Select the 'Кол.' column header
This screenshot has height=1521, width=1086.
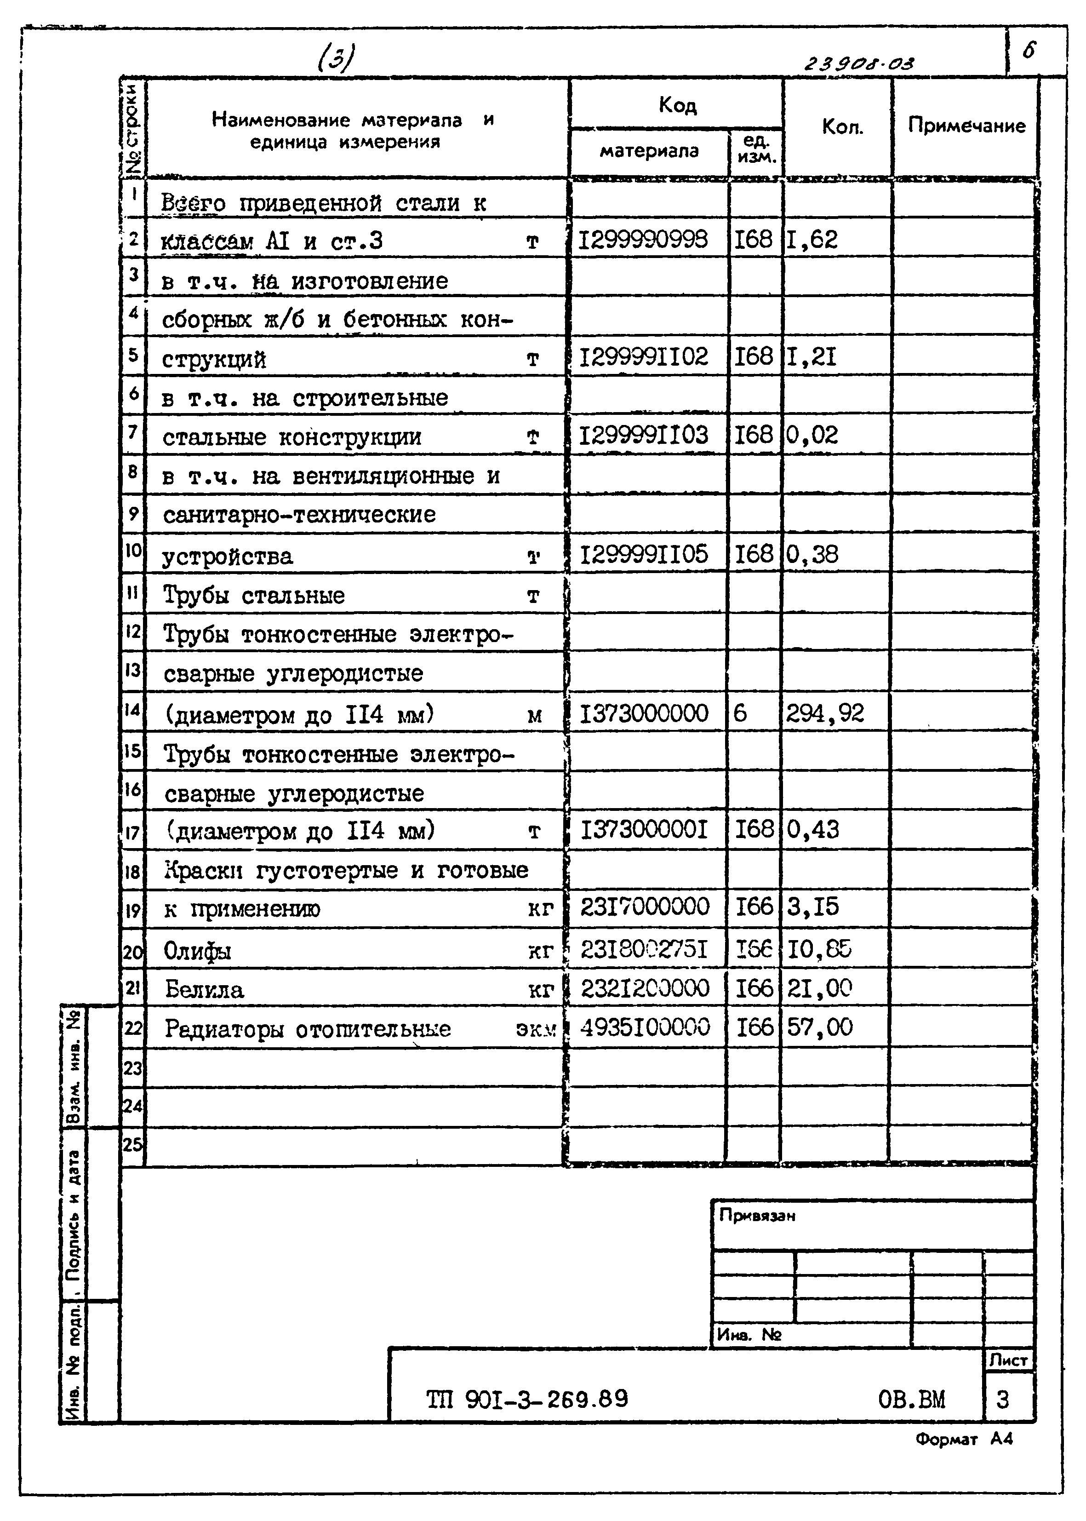point(842,127)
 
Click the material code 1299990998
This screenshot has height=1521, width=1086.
point(643,240)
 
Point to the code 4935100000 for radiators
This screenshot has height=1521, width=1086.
point(645,1027)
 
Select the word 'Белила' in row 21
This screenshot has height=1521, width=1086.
point(204,989)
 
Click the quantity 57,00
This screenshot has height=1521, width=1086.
point(820,1027)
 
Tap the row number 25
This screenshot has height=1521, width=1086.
point(132,1144)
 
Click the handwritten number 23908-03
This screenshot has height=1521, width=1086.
point(858,63)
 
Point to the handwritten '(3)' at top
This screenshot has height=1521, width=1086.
point(337,59)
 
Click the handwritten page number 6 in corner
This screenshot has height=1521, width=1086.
point(1029,50)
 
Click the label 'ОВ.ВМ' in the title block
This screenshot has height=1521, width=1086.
point(911,1399)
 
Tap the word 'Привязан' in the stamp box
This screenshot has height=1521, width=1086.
point(757,1215)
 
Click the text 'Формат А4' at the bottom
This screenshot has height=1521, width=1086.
point(964,1439)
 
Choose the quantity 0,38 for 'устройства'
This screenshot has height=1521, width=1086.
point(812,555)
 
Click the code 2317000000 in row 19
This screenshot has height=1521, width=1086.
point(645,907)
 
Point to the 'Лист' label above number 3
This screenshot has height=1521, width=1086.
point(1008,1360)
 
